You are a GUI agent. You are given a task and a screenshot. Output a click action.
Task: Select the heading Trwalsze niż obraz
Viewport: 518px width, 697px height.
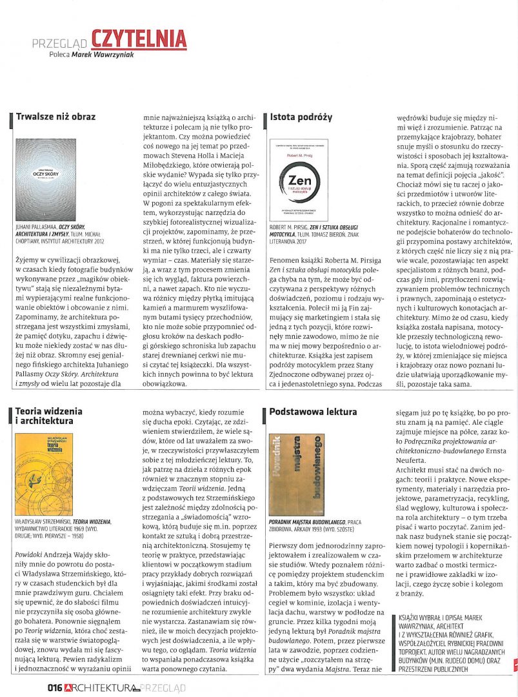(55, 117)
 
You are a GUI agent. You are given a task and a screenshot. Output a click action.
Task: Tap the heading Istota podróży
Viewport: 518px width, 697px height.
(301, 117)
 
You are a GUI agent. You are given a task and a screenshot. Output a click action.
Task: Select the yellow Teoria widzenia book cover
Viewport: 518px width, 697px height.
(44, 474)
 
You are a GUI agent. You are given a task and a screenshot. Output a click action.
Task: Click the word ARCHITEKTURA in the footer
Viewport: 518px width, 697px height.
(99, 688)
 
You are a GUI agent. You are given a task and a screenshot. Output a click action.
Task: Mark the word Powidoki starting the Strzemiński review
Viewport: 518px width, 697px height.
(30, 555)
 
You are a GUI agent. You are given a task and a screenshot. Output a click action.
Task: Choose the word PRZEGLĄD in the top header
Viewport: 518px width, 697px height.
(61, 43)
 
